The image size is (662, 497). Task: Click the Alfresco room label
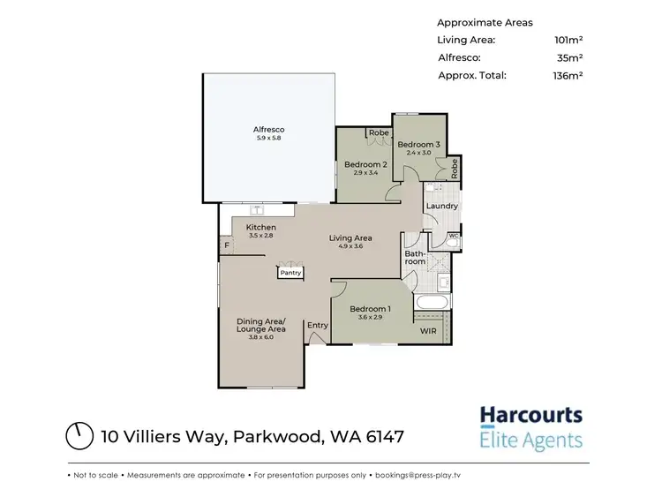click(x=268, y=130)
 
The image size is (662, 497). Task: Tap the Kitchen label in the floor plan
click(x=261, y=228)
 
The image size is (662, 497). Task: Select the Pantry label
click(x=290, y=273)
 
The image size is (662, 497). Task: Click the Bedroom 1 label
click(x=369, y=308)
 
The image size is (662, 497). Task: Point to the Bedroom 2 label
click(x=365, y=164)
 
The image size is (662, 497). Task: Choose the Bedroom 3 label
click(x=418, y=144)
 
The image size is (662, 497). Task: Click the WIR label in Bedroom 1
click(x=428, y=331)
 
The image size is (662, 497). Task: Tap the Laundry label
click(x=441, y=207)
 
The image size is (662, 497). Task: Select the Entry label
click(x=318, y=325)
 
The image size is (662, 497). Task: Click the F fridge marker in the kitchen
click(x=227, y=245)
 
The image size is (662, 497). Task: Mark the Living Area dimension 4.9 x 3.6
click(x=350, y=247)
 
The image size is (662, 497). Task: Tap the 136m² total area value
click(x=567, y=75)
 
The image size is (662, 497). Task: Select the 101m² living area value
click(x=567, y=40)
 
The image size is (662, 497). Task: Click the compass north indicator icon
click(x=80, y=435)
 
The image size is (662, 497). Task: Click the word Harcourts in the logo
click(x=530, y=415)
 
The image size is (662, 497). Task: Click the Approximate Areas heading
click(x=484, y=22)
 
